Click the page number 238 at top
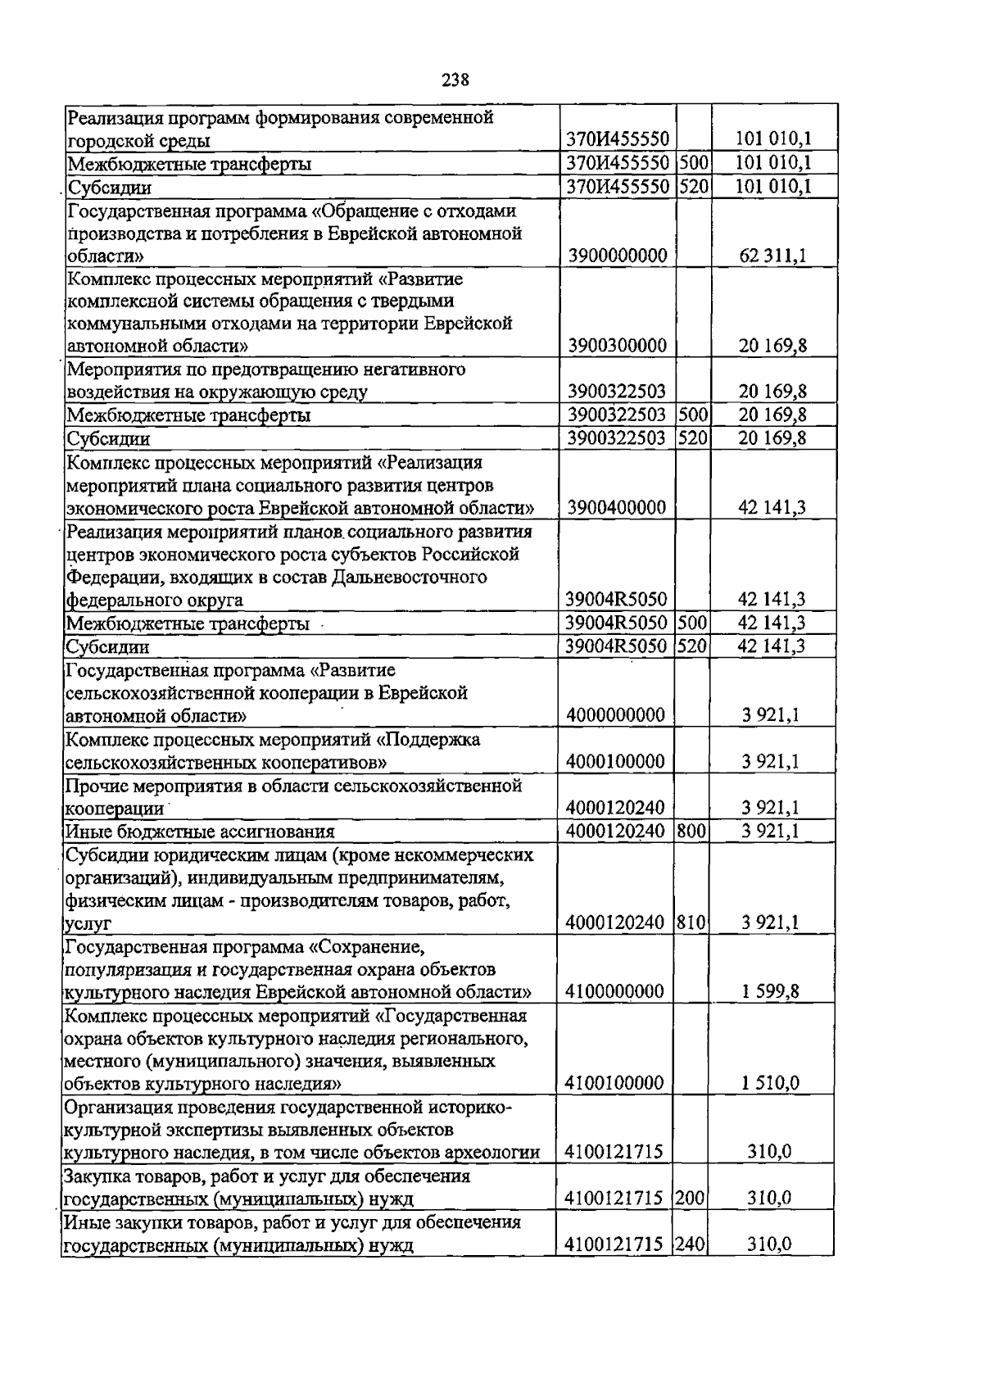tap(455, 79)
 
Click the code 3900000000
tap(617, 256)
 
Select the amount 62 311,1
tap(772, 256)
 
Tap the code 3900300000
tap(617, 346)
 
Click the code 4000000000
tap(615, 715)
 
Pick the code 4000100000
tap(615, 762)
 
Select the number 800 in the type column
tap(692, 832)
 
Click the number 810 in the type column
tap(692, 922)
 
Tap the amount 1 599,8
tap(770, 992)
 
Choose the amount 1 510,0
tap(770, 1084)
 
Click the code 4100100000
tap(614, 1084)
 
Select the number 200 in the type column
tap(691, 1199)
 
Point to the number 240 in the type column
tap(691, 1245)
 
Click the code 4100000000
tap(614, 992)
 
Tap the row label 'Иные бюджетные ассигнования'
tap(200, 832)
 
